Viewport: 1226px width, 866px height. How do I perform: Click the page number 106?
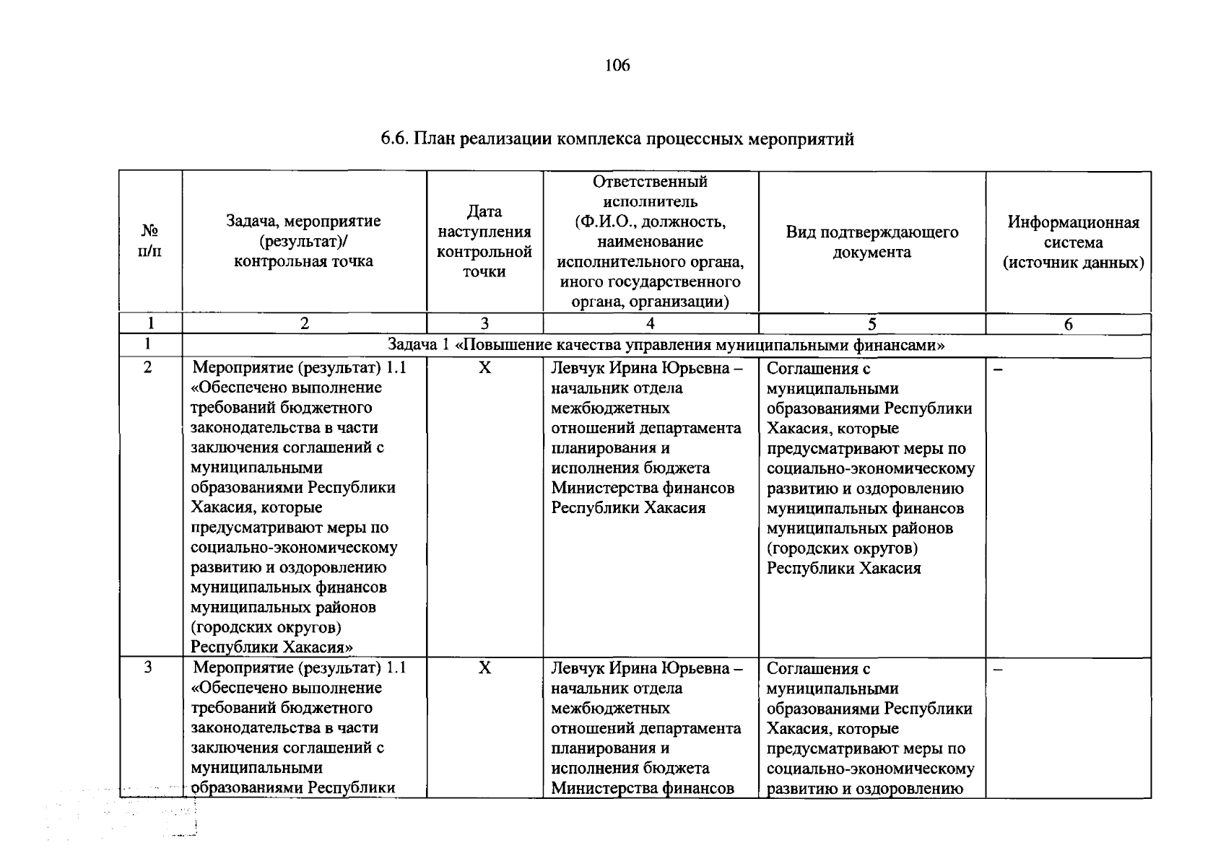[617, 66]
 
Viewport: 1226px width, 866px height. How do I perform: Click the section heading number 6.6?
[395, 139]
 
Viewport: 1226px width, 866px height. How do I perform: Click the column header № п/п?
[150, 241]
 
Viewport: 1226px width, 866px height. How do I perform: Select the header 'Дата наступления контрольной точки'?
[484, 241]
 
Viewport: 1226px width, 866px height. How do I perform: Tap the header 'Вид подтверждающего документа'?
[871, 242]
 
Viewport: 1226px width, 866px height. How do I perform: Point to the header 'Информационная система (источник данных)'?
[1073, 242]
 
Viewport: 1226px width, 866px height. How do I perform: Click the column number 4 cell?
[651, 324]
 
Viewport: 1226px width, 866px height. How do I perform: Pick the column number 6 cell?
[1068, 324]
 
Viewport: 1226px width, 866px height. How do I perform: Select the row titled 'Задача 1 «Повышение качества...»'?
[666, 346]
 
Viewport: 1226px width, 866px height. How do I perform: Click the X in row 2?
[484, 368]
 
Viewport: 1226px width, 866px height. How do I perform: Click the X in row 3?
[484, 668]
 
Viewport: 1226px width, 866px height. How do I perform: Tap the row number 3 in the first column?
[148, 667]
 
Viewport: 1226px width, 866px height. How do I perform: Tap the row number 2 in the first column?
[148, 367]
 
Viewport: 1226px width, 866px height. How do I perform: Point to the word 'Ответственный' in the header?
[650, 181]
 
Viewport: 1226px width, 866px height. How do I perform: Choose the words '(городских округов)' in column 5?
[842, 548]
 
